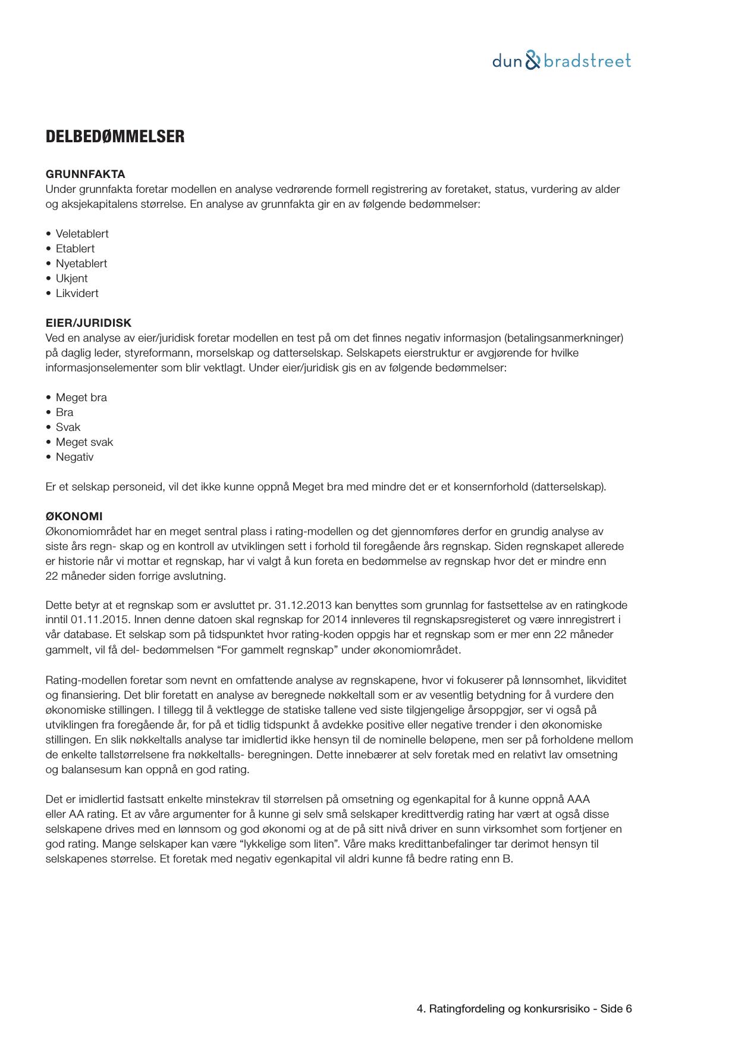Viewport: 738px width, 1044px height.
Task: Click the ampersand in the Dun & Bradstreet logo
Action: [x=533, y=61]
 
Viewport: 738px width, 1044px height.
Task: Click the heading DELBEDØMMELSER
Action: [x=115, y=137]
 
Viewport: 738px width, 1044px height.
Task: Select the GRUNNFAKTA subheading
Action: [x=85, y=174]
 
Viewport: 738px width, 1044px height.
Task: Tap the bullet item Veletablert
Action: [x=82, y=234]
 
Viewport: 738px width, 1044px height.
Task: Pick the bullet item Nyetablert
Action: [x=81, y=264]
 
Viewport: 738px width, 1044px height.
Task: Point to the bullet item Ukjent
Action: [x=71, y=279]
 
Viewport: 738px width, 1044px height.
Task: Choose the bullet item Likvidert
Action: [x=77, y=293]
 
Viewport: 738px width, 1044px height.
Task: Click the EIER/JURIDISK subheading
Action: [x=88, y=323]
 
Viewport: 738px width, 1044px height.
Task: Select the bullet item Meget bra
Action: [x=81, y=398]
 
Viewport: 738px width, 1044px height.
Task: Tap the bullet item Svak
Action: [x=68, y=427]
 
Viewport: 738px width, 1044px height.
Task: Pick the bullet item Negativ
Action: [x=74, y=457]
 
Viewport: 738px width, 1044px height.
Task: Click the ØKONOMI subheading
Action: [x=74, y=517]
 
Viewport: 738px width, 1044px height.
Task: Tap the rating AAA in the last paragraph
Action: [x=578, y=799]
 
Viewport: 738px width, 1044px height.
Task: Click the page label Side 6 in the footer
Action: [x=616, y=1009]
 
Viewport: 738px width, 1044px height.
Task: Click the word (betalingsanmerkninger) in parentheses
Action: [x=563, y=338]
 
